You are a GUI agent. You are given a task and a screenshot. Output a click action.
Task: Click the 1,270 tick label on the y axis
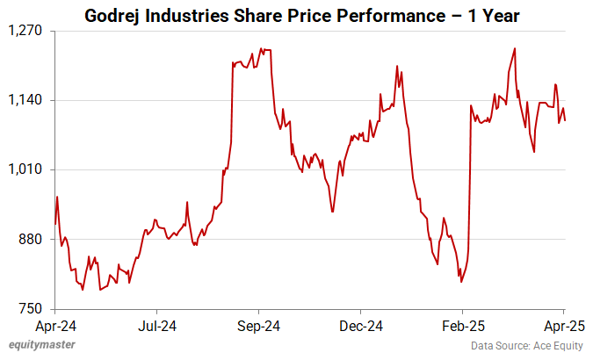tap(27, 31)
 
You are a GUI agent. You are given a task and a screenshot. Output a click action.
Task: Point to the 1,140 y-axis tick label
tap(27, 100)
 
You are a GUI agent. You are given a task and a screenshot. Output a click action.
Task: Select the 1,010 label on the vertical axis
tap(27, 169)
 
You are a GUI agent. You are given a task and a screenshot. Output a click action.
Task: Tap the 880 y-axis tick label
tap(33, 239)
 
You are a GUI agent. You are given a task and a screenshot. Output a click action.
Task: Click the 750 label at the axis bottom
tap(33, 308)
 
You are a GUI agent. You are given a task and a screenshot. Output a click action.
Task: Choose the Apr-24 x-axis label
tap(54, 326)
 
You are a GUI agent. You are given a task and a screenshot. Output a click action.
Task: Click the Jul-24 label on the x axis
tap(156, 326)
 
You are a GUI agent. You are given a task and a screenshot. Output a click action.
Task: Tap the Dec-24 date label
tap(360, 326)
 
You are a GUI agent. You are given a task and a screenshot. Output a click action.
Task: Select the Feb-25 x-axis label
tap(462, 326)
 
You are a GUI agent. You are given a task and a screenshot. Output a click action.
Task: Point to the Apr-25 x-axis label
tap(564, 326)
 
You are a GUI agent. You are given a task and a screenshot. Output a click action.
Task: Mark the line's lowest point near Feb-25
tap(460, 282)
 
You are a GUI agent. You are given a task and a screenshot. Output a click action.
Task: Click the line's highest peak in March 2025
tap(514, 48)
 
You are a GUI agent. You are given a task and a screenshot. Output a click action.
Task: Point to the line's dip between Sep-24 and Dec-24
tap(332, 212)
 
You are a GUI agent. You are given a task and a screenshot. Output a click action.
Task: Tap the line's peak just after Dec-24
tap(397, 66)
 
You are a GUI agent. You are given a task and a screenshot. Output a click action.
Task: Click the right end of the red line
tap(565, 120)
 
